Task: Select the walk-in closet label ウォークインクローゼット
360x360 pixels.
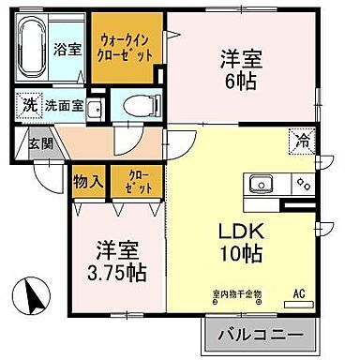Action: tap(125, 47)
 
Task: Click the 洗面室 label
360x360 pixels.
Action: tap(63, 107)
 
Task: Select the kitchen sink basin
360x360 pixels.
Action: tap(262, 183)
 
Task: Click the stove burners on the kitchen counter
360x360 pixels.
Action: tap(302, 183)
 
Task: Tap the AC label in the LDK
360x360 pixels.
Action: tap(300, 294)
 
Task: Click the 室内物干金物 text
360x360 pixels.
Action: tap(235, 294)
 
